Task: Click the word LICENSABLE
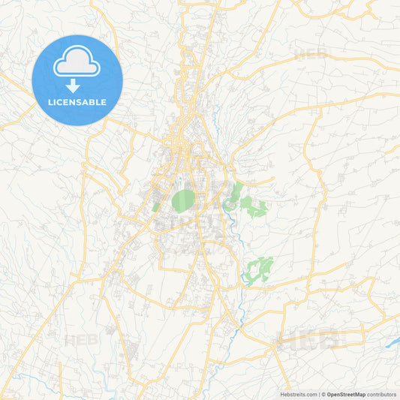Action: click(77, 101)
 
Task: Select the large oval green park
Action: click(183, 200)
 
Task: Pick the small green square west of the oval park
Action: click(156, 206)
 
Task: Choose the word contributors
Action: click(382, 394)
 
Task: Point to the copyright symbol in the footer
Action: click(322, 394)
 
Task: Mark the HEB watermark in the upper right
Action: click(312, 54)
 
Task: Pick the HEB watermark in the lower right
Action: click(308, 339)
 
